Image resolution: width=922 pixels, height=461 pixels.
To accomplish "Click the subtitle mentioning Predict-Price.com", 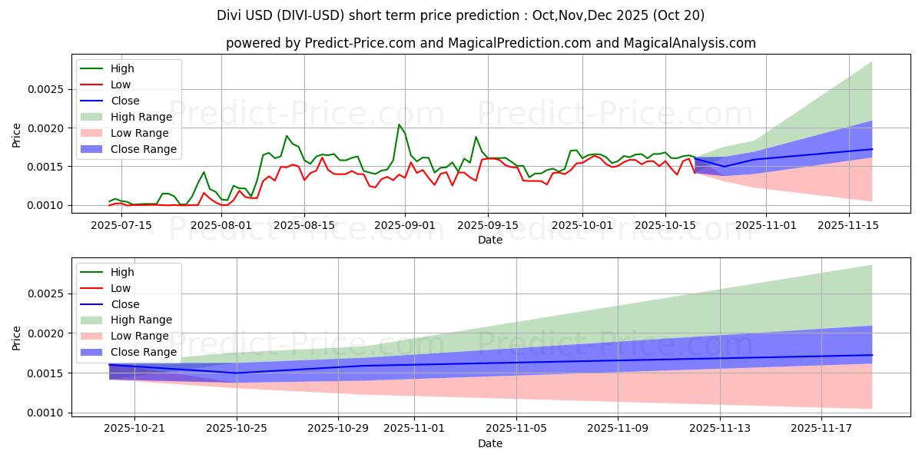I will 490,44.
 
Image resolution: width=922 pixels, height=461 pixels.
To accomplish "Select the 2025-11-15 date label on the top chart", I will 848,225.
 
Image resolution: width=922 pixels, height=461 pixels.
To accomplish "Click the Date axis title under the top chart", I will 490,240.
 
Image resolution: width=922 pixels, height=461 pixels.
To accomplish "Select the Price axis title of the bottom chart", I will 17,337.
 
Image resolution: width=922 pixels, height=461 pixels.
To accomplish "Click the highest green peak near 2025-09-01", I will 399,124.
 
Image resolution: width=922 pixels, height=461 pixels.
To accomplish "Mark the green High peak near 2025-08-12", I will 287,136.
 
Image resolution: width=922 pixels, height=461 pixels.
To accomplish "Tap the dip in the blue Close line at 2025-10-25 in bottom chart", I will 237,373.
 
